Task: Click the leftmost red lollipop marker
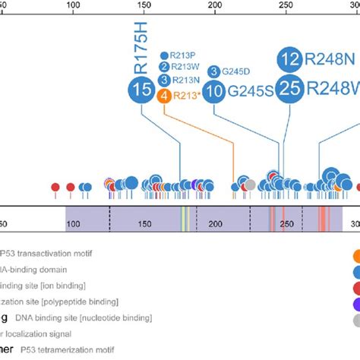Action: [55, 187]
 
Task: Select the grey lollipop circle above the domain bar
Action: [249, 184]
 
